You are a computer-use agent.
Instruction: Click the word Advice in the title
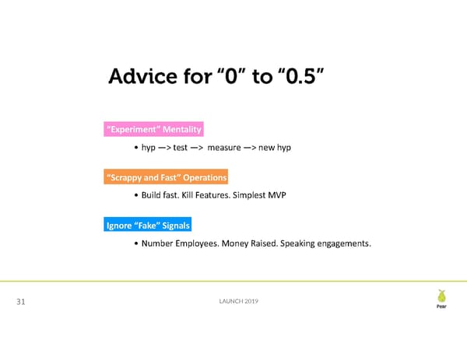pyautogui.click(x=143, y=76)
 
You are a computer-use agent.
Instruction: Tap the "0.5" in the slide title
pyautogui.click(x=300, y=75)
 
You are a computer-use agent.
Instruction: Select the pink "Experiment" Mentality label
pyautogui.click(x=153, y=129)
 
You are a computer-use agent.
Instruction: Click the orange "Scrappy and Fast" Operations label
pyautogui.click(x=166, y=177)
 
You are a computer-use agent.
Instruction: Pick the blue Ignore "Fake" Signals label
pyautogui.click(x=148, y=225)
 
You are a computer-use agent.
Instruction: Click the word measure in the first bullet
pyautogui.click(x=224, y=148)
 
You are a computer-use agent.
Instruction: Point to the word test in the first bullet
pyautogui.click(x=181, y=148)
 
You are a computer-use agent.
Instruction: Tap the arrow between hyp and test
pyautogui.click(x=164, y=148)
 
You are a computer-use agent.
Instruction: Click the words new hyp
pyautogui.click(x=275, y=148)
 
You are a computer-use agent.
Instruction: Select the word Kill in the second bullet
pyautogui.click(x=187, y=195)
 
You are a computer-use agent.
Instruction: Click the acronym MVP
pyautogui.click(x=277, y=195)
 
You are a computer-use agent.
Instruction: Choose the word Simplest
pyautogui.click(x=249, y=195)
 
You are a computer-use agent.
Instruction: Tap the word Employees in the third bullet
pyautogui.click(x=197, y=243)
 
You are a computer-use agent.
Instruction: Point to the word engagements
pyautogui.click(x=344, y=243)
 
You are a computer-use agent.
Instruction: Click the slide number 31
pyautogui.click(x=21, y=302)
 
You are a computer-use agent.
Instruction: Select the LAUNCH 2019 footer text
pyautogui.click(x=239, y=301)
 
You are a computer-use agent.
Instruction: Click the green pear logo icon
pyautogui.click(x=441, y=295)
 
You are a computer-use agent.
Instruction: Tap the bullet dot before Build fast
pyautogui.click(x=136, y=195)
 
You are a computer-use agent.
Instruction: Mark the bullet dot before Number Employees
pyautogui.click(x=136, y=243)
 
